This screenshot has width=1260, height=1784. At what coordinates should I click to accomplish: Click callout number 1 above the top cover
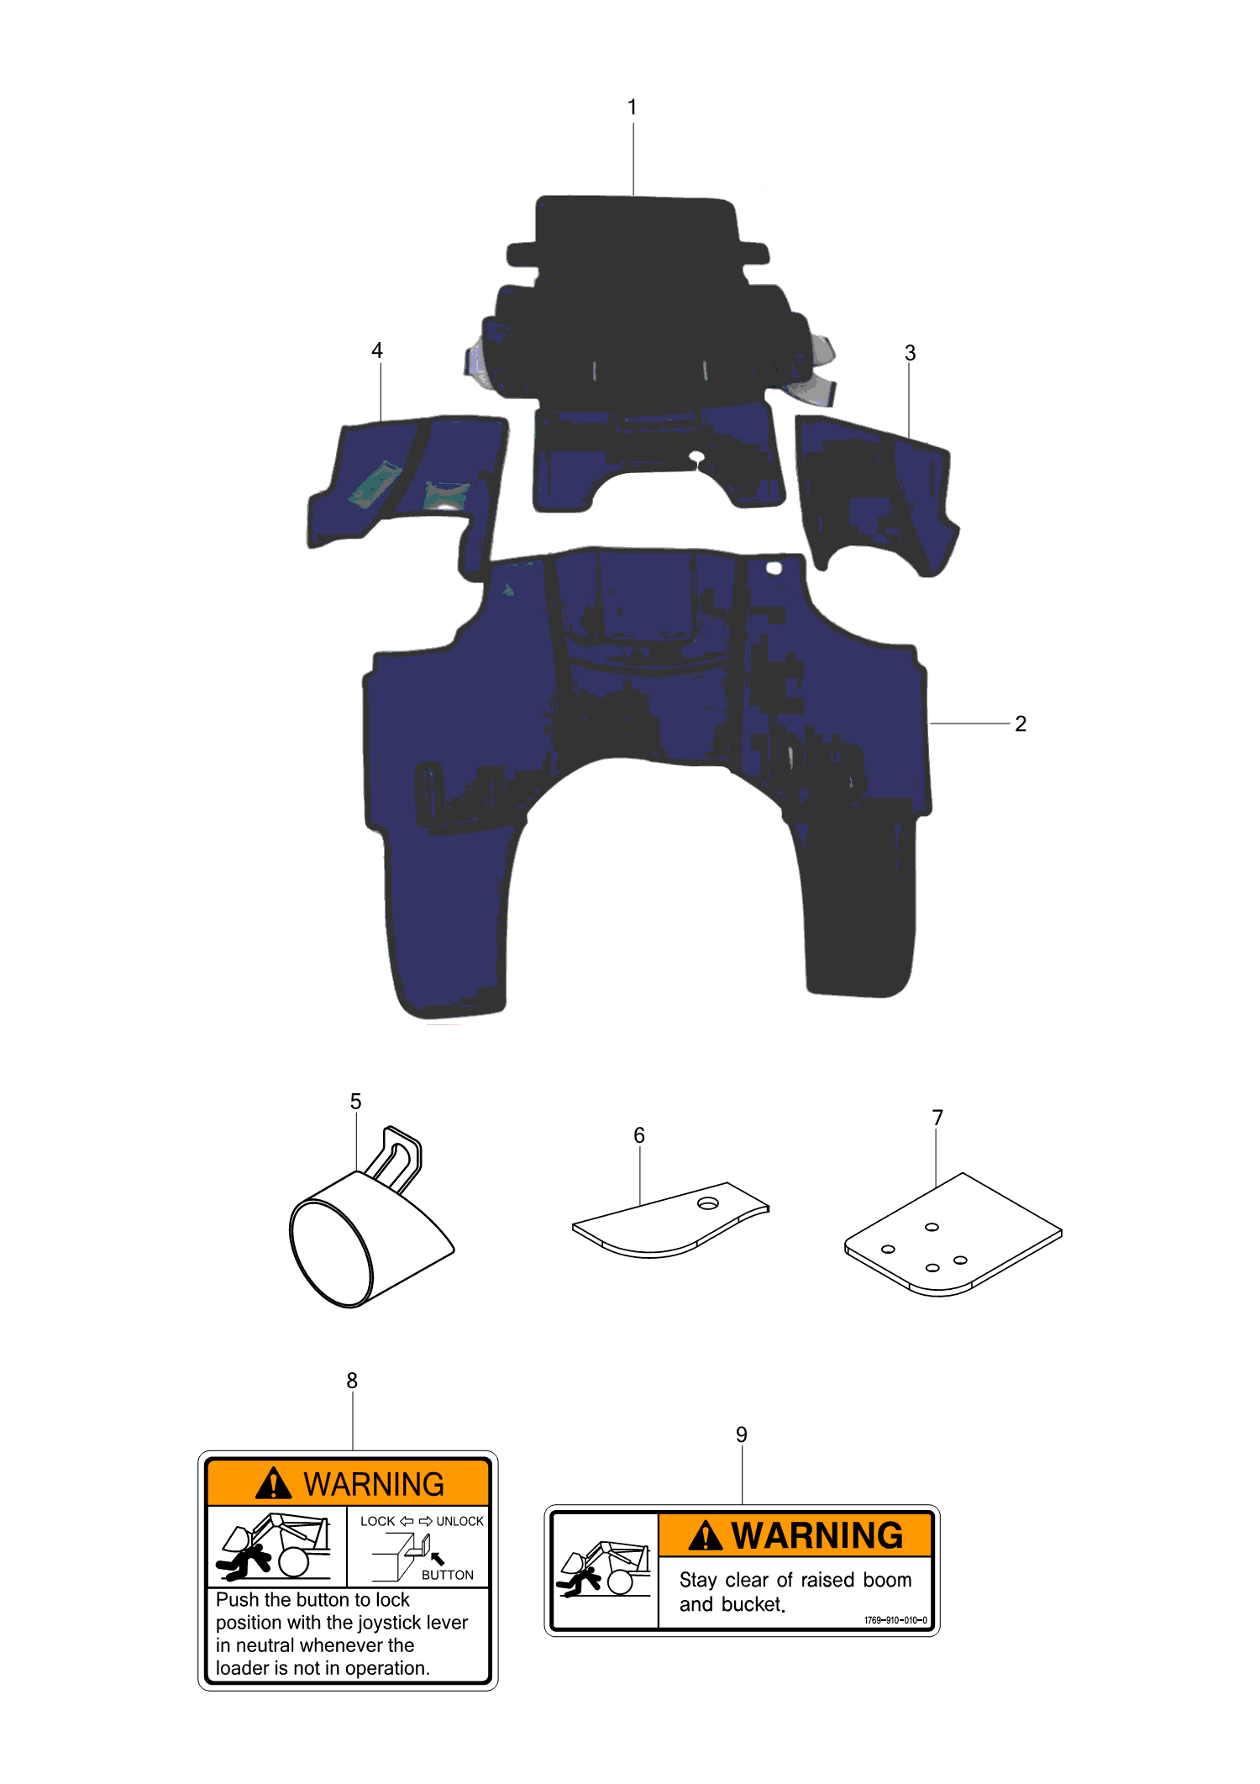pos(632,108)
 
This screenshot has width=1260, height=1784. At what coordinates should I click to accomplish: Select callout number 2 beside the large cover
pos(1021,724)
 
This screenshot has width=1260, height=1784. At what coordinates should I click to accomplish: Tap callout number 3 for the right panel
pos(910,353)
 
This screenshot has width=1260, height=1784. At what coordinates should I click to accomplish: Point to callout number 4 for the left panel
pos(377,350)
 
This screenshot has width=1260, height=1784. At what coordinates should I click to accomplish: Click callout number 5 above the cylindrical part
pos(355,1102)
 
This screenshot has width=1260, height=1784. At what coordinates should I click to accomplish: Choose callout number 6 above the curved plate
pos(639,1135)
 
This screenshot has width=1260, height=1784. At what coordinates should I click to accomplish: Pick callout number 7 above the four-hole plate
pos(937,1118)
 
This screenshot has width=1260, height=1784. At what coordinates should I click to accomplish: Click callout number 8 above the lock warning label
pos(352,1381)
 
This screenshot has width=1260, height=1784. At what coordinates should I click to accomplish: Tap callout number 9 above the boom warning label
pos(742,1434)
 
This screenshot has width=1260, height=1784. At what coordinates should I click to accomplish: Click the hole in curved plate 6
pos(708,1203)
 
